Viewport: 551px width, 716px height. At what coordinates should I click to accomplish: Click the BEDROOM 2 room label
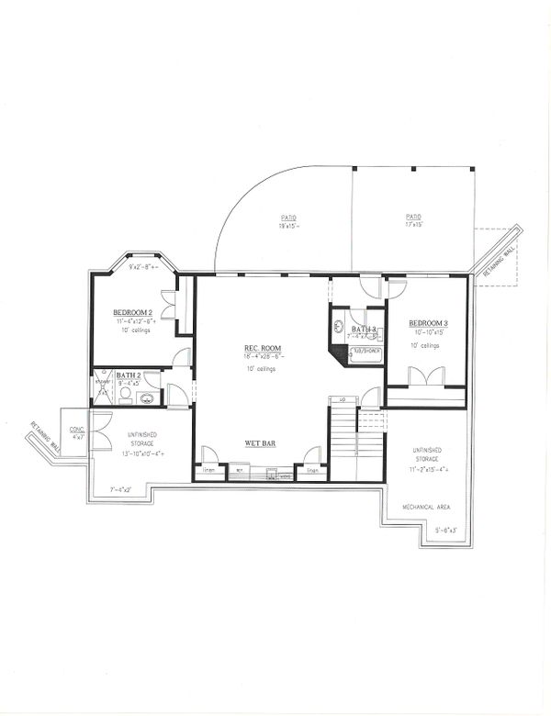133,311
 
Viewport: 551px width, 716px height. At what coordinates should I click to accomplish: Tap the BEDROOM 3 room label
428,324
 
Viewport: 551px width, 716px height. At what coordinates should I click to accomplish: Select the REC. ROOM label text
262,348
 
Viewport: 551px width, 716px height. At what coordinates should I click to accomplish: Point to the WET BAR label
262,443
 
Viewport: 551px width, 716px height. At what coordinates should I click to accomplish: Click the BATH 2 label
128,375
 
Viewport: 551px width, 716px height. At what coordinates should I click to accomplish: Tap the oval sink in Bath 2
146,397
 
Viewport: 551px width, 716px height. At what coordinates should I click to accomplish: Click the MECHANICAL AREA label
425,506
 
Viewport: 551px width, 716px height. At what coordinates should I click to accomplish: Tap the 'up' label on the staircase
342,399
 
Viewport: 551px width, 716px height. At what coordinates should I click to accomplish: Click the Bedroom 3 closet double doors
425,376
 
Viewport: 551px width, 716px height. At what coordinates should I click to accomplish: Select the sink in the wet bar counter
270,475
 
